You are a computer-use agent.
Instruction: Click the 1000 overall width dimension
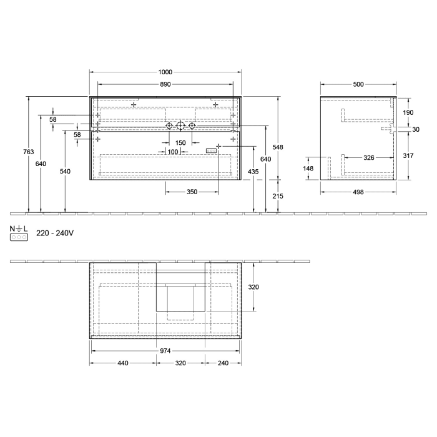point(165,72)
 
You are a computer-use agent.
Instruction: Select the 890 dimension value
point(165,84)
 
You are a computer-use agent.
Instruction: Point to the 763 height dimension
point(29,152)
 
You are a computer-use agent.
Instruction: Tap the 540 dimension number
point(65,171)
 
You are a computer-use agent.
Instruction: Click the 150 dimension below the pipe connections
point(180,143)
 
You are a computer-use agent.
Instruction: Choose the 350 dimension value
point(192,192)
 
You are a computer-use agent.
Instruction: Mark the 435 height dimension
point(253,171)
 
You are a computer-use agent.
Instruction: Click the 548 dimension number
point(278,147)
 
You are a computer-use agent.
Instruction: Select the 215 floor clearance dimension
point(278,196)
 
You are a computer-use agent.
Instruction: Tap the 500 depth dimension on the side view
point(358,84)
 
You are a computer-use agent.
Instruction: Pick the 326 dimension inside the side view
point(369,158)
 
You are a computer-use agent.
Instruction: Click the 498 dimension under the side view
point(358,192)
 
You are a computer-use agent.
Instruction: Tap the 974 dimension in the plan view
point(165,351)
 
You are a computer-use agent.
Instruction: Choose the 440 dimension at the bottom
point(122,363)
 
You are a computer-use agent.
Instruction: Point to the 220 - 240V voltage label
point(55,233)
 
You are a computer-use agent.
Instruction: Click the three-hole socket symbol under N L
point(19,238)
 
